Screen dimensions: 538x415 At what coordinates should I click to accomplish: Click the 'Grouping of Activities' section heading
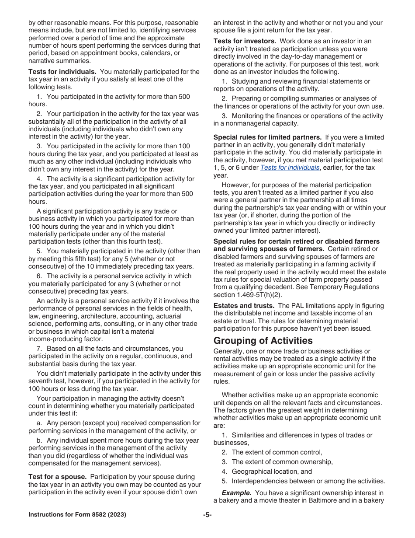(263, 341)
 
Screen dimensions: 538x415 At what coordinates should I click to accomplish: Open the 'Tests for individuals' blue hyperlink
(290, 168)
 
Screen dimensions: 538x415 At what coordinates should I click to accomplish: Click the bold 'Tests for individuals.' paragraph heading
(62, 72)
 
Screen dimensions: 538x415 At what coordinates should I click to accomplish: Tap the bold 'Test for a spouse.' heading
(57, 477)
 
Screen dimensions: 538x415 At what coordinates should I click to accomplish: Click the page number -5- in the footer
(207, 515)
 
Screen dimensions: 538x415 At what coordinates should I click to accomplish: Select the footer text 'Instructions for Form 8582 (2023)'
(77, 515)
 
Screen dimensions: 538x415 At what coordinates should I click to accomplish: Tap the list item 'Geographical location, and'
(272, 472)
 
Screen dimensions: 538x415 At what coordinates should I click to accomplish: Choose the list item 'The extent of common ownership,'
(282, 462)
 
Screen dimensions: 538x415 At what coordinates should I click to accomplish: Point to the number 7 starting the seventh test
(39, 349)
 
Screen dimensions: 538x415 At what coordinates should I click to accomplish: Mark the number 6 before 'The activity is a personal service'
(39, 276)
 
